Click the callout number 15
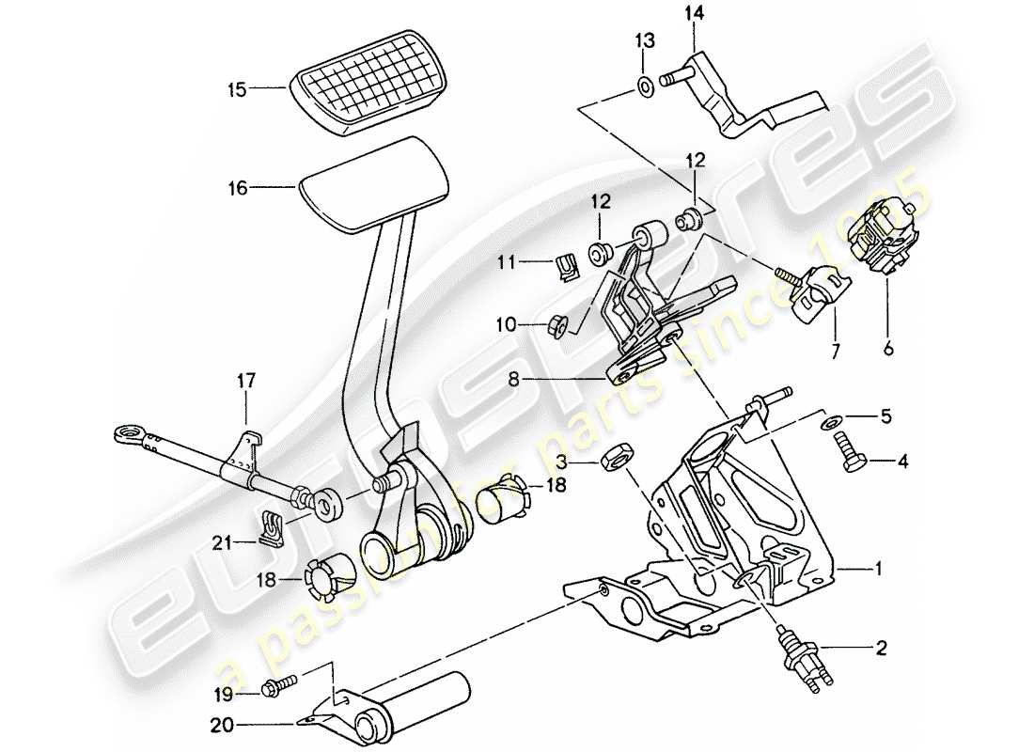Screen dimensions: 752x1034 236,90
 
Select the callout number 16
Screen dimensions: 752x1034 236,188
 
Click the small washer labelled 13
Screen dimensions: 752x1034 645,86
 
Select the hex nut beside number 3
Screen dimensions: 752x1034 612,462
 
